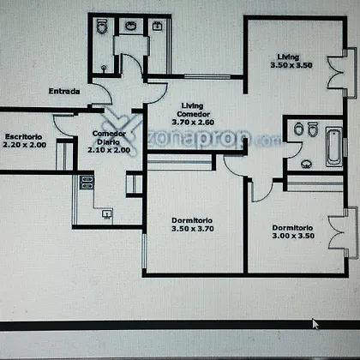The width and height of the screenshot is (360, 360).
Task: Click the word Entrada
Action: coord(64,92)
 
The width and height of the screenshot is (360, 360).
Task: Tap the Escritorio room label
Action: coord(23,136)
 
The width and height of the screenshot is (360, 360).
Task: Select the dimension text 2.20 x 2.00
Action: coord(25,145)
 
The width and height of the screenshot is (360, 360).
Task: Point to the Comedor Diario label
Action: coord(109,137)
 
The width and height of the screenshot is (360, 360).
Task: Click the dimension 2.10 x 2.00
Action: coord(109,150)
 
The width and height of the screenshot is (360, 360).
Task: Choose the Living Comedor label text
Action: coord(193,110)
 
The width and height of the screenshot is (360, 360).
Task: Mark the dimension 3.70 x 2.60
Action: coord(193,123)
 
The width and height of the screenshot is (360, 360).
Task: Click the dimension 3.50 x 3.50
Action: coord(291,65)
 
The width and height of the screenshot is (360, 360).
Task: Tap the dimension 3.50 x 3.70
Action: coord(193,229)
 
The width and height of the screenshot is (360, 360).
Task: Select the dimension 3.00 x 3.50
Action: coord(293,236)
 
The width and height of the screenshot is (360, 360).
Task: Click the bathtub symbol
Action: coord(333,147)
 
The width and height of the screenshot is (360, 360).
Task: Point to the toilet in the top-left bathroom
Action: coord(101,27)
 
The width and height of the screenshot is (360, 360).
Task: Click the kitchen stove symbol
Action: coord(87,183)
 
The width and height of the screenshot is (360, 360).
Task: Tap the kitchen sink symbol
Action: coord(107,213)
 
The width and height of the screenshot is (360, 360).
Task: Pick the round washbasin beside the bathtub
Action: coord(306,164)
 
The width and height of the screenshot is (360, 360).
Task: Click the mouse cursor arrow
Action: coord(315,324)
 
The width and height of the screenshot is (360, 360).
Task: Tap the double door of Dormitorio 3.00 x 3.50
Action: coord(337,232)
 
